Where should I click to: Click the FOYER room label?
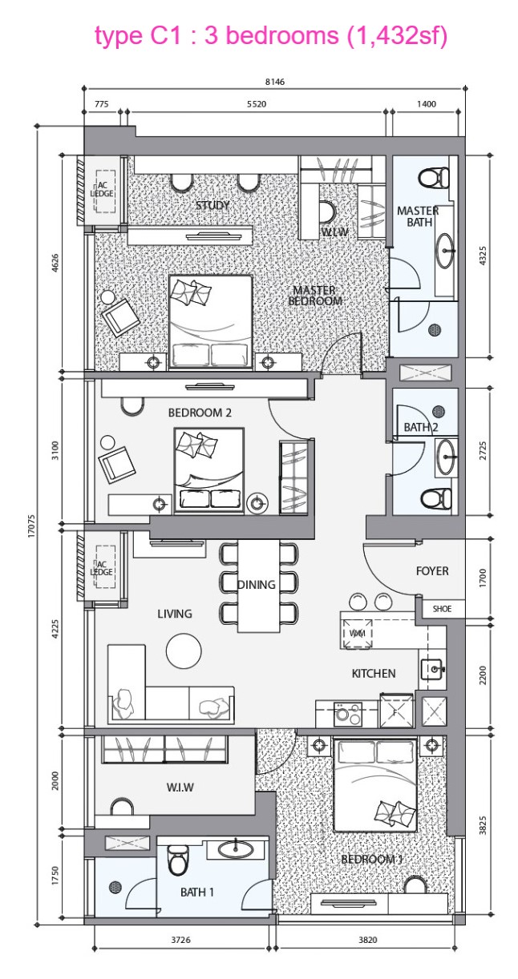point(432,571)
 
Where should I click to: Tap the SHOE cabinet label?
point(442,609)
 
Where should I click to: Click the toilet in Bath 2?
point(435,498)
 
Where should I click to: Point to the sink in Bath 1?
point(236,850)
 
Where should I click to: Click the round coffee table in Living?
point(184,651)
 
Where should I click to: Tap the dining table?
point(258,586)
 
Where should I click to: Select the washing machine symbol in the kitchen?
point(358,633)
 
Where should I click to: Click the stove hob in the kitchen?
point(348,714)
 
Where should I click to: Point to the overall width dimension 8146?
point(275,82)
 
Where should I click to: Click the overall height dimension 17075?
point(31,526)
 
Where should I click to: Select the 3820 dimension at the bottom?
point(367,940)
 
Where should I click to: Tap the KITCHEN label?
point(374,674)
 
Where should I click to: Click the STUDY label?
point(212,205)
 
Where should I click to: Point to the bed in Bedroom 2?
point(209,469)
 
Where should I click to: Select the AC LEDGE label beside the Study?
point(102,189)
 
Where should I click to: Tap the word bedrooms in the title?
point(282,35)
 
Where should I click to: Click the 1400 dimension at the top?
point(426,104)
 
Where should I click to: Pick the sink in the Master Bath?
point(445,251)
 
